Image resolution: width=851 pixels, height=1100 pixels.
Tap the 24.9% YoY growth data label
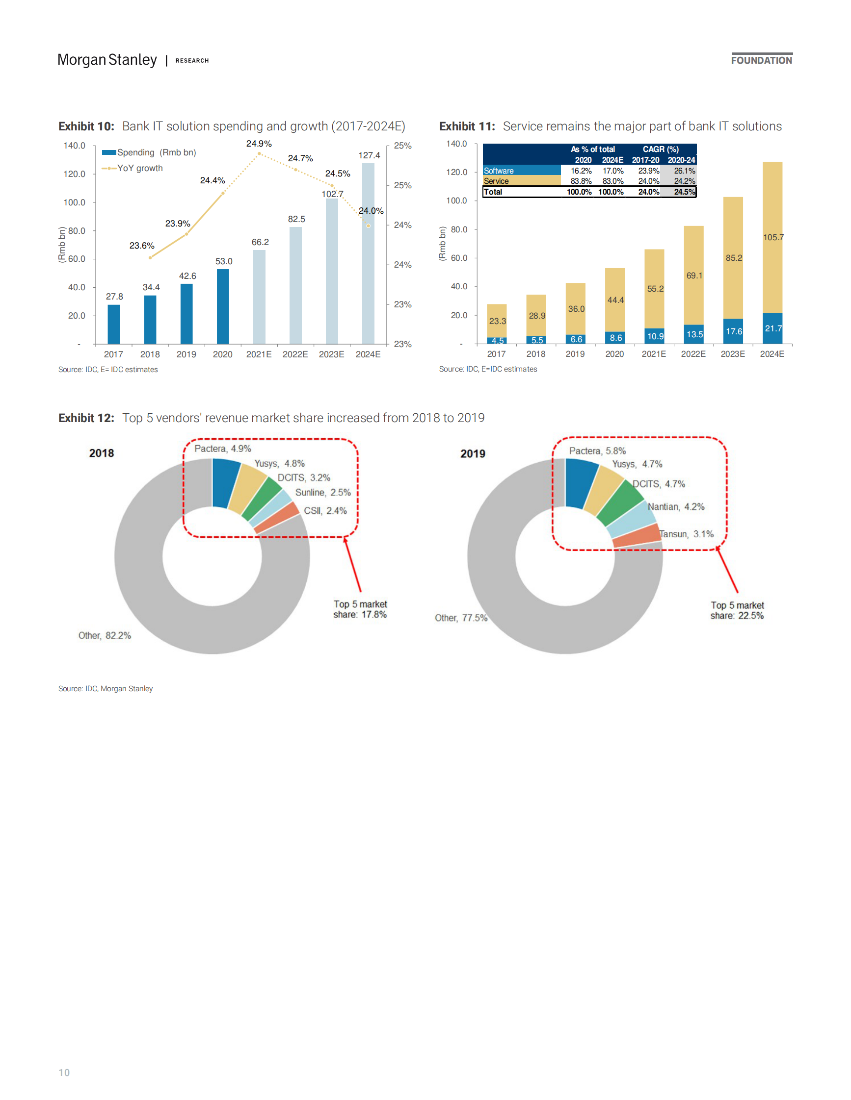(259, 144)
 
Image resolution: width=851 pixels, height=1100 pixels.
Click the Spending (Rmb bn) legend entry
(149, 152)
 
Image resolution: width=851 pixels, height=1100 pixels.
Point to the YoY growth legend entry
(133, 168)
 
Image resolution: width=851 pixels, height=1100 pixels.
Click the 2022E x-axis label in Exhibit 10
(295, 354)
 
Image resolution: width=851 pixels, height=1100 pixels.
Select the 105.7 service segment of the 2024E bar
(772, 237)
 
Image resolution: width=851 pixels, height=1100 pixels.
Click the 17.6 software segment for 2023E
(733, 331)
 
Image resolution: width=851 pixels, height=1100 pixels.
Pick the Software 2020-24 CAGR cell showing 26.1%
(684, 171)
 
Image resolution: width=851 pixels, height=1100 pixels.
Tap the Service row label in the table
(496, 181)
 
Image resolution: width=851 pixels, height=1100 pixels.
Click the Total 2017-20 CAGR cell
(648, 192)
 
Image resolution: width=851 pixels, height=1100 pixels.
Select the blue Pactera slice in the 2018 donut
(225, 483)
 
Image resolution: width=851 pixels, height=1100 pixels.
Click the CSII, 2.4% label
(325, 511)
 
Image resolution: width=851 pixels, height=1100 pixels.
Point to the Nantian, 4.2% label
(676, 507)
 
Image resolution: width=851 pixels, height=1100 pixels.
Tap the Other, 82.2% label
(105, 636)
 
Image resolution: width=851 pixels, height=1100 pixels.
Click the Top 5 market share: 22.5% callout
(737, 610)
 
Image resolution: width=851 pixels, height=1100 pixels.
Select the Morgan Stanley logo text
(107, 60)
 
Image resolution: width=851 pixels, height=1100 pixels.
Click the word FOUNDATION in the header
(761, 60)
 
